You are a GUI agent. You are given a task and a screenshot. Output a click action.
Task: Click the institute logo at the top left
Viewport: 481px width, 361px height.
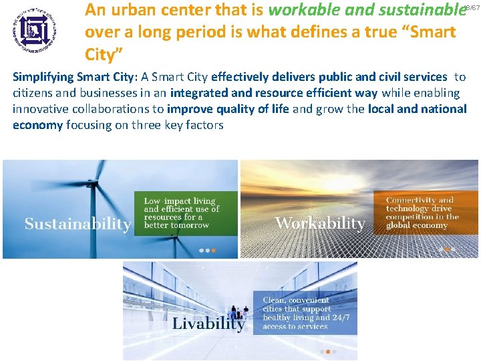[34, 29]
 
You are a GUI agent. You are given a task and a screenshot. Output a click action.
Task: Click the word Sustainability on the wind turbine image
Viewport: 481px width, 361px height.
[77, 223]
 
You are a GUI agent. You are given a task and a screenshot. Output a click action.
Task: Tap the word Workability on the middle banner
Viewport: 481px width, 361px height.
[320, 223]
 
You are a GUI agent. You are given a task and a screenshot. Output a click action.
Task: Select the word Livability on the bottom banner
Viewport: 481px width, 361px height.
[208, 324]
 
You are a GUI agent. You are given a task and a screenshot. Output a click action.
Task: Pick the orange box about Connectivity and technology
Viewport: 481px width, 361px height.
[422, 213]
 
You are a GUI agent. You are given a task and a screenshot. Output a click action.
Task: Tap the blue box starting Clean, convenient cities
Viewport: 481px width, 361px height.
[304, 312]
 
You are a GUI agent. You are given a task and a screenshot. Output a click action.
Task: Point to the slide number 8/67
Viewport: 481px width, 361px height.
[472, 6]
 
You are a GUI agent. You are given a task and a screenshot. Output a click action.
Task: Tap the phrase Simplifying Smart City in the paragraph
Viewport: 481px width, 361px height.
[71, 78]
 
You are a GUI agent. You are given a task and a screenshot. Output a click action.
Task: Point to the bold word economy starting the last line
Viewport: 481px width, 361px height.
[37, 124]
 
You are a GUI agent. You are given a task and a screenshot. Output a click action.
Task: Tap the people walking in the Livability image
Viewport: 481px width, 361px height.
[238, 312]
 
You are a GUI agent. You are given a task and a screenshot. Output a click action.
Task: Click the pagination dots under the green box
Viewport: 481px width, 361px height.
[207, 251]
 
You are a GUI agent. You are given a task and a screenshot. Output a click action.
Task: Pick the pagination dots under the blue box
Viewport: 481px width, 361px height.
[327, 351]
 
